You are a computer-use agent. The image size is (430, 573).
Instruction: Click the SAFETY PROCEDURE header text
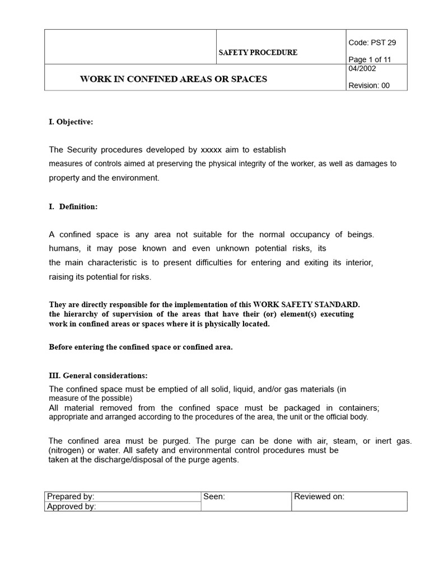[x=258, y=53]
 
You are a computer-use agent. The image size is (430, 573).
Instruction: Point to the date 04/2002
[x=362, y=69]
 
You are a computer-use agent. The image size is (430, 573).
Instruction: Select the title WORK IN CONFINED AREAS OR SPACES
[x=174, y=79]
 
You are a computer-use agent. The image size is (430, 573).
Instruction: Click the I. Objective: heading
[x=67, y=122]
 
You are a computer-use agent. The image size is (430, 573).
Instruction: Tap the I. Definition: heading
[x=73, y=206]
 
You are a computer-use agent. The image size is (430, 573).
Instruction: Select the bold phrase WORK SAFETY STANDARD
[x=315, y=304]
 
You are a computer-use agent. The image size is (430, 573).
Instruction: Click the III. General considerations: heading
[x=99, y=375]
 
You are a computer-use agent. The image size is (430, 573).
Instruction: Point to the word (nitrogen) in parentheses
[x=67, y=450]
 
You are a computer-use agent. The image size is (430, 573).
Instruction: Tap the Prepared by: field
[x=71, y=496]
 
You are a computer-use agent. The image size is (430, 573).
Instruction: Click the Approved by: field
[x=72, y=506]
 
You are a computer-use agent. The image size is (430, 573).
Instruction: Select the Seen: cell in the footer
[x=214, y=496]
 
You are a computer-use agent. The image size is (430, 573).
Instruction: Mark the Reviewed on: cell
[x=319, y=496]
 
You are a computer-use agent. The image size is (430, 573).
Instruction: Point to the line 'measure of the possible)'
[x=91, y=398]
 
